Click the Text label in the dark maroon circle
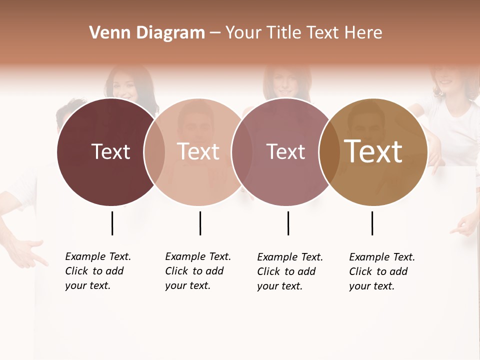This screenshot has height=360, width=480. pos(110,151)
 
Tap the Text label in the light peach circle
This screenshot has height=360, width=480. pos(198,151)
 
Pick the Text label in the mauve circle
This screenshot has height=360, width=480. pos(285,151)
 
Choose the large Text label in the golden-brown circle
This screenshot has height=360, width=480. pos(373,151)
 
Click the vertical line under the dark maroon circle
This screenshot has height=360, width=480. pos(112,223)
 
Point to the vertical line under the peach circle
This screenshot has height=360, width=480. pos(200,223)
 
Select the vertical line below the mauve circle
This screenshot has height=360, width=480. pos(288,223)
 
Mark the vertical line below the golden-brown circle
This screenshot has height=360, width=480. pos(372,223)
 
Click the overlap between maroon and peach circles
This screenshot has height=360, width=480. pos(154,151)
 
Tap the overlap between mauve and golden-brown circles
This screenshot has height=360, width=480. pos(329,151)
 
